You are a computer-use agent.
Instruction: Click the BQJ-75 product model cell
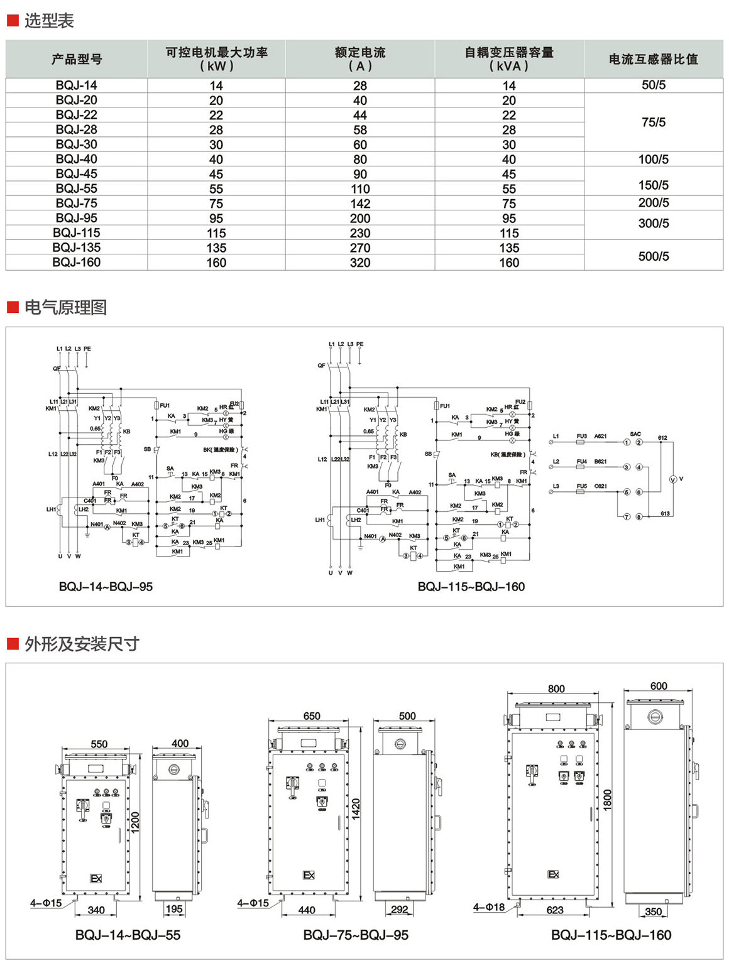coord(77,203)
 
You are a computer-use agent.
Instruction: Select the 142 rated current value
coord(360,204)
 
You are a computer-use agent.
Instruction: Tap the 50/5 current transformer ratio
coord(654,85)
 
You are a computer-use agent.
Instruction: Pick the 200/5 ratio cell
coord(654,203)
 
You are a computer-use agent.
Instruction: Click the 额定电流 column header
coord(360,59)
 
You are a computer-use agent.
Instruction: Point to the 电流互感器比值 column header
coord(654,59)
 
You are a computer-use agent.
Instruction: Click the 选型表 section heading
coord(49,21)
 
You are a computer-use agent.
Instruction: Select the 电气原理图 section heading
coord(65,307)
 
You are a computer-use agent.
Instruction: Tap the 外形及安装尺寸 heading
coord(82,644)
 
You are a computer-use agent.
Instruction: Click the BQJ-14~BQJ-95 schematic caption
coord(106,587)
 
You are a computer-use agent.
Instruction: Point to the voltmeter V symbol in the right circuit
coord(673,479)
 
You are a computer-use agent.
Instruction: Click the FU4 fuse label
coord(581,462)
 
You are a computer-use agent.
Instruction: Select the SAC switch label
coord(635,434)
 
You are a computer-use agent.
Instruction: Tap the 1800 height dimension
coord(607,800)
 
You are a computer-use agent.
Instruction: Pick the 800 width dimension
coord(556,688)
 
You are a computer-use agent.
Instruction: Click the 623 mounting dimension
coord(555,910)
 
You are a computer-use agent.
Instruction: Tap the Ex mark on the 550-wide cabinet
coord(96,879)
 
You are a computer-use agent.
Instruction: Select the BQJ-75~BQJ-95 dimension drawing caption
coord(356,935)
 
